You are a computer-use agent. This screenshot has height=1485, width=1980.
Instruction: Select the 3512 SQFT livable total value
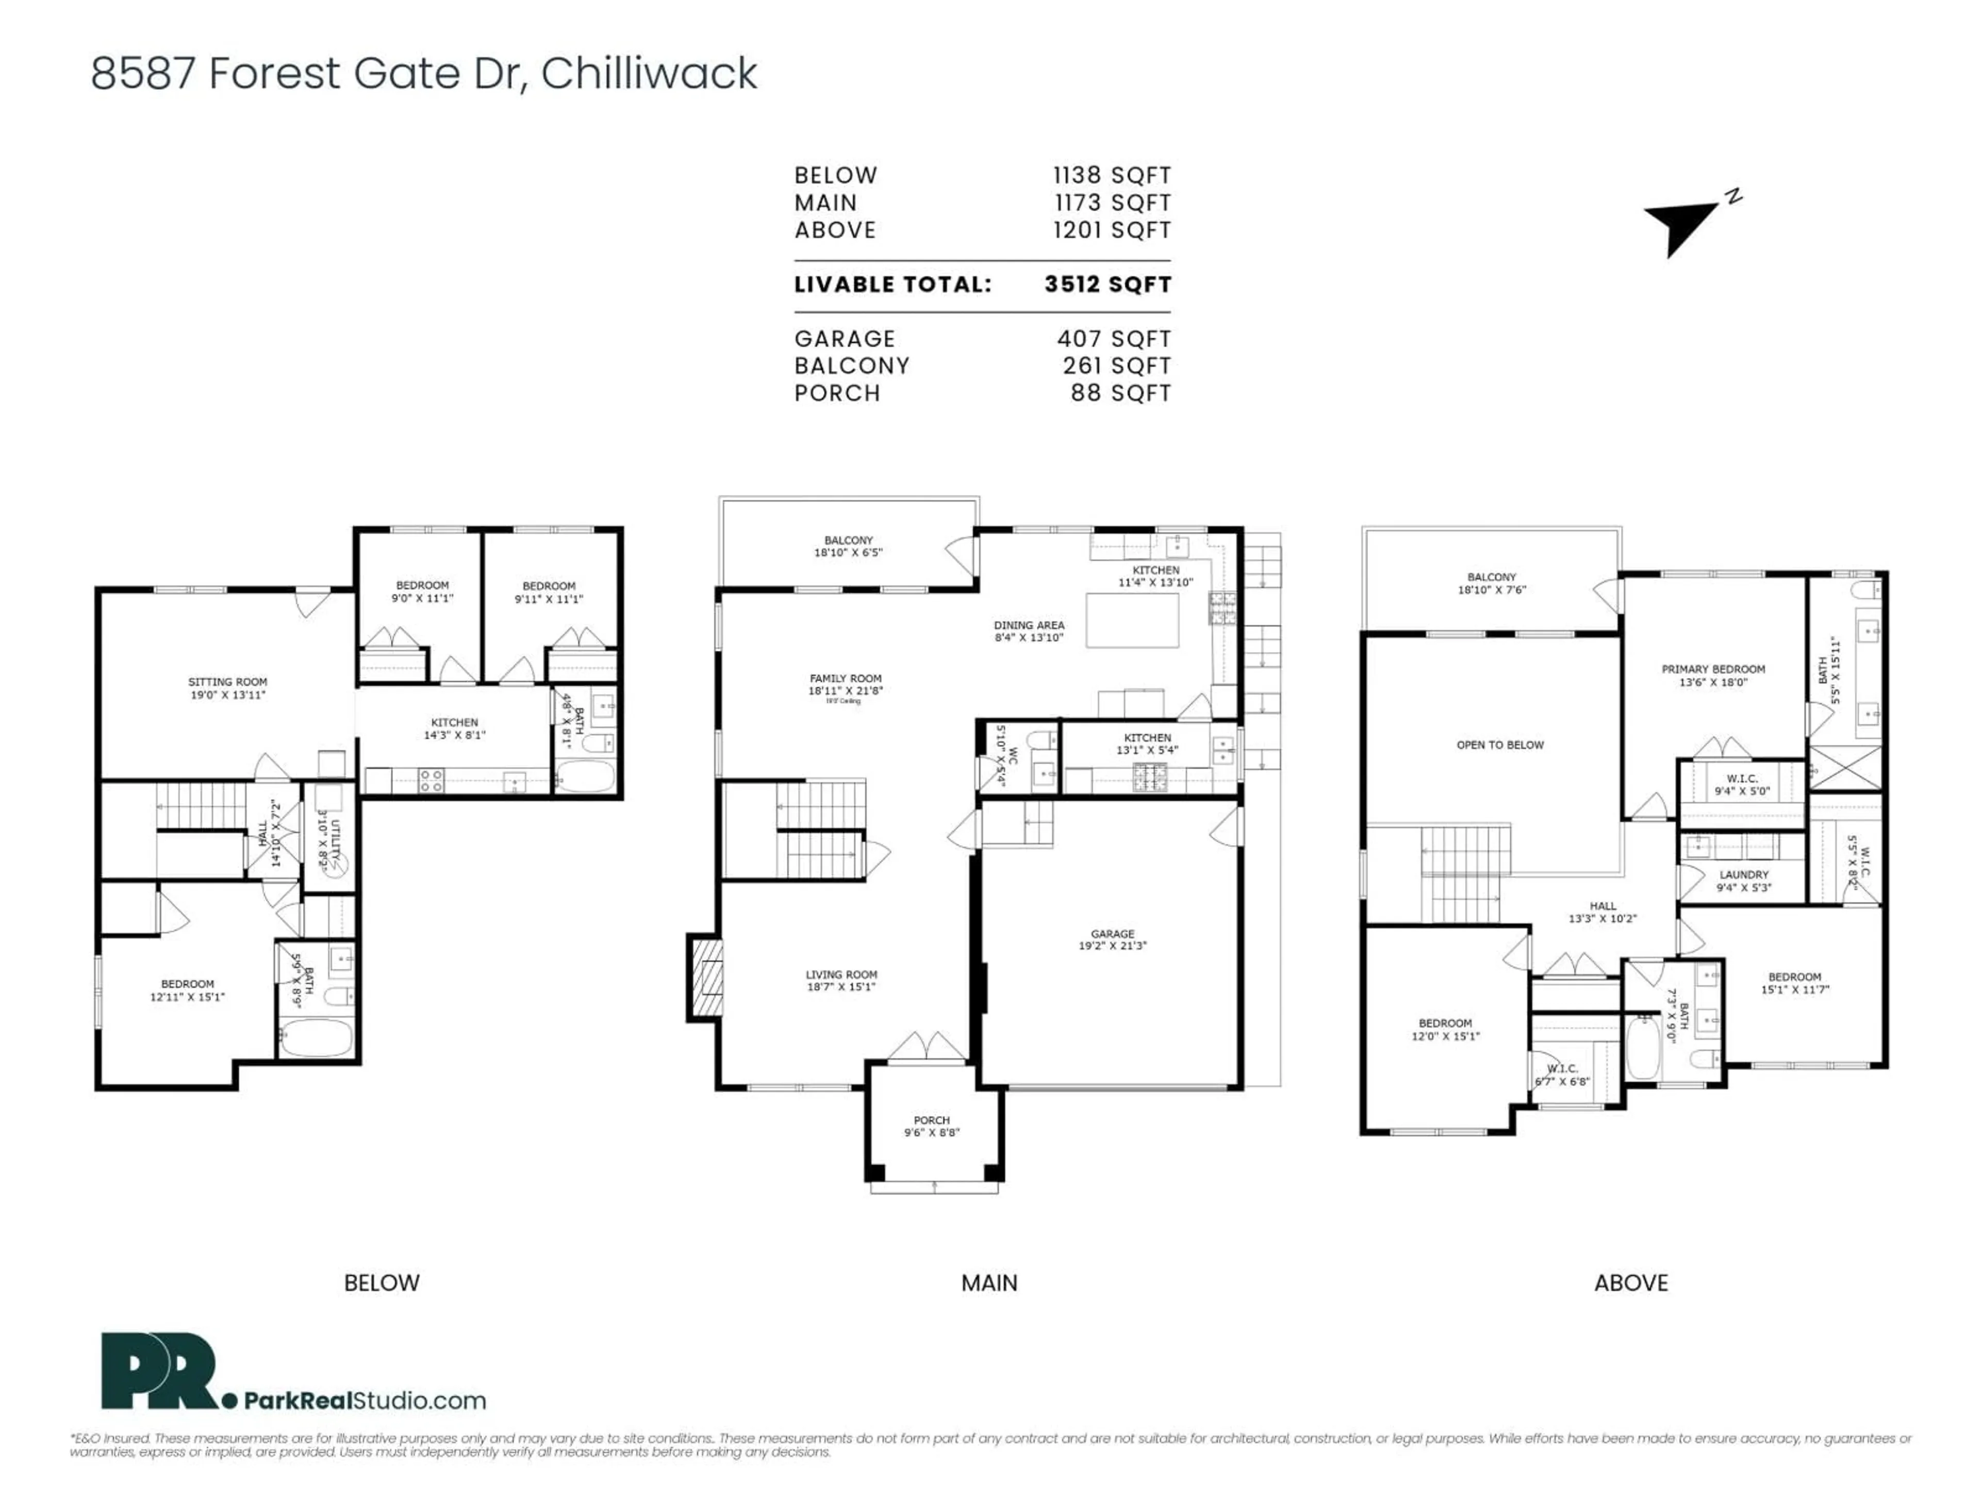[1107, 285]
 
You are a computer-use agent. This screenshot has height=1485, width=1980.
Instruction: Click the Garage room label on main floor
[1113, 939]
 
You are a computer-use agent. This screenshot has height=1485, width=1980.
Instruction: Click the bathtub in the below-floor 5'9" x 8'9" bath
[317, 1038]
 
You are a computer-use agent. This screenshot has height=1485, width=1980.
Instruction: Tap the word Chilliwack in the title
[649, 73]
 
